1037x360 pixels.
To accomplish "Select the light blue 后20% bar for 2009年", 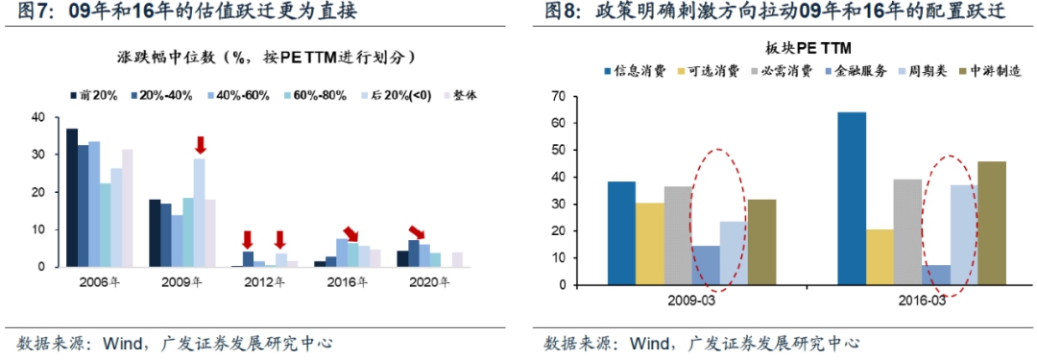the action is (199, 213).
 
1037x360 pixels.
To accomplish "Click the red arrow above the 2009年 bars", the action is (200, 145).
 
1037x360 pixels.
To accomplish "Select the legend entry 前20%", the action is (93, 95).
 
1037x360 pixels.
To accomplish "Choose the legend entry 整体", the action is (458, 95).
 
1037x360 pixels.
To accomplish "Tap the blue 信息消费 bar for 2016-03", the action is (851, 199).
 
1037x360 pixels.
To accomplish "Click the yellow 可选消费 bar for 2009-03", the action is (649, 244).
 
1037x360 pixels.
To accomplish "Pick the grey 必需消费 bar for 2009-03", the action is (678, 235).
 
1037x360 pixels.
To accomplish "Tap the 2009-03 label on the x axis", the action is (691, 300).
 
